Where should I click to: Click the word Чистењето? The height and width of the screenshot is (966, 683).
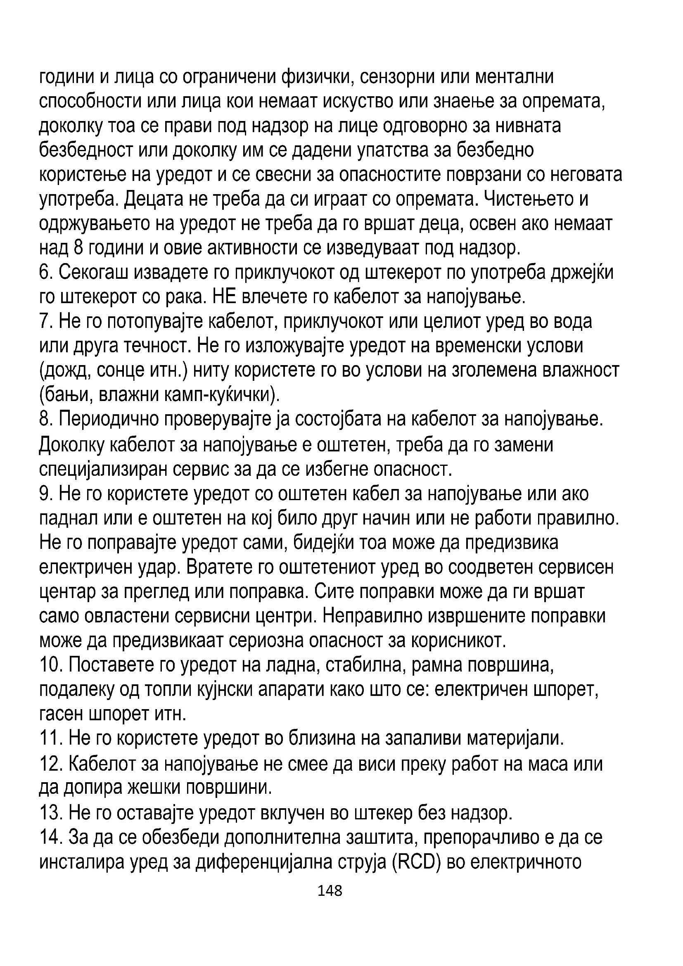coord(526,199)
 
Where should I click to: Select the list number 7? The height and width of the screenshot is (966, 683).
coord(45,321)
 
